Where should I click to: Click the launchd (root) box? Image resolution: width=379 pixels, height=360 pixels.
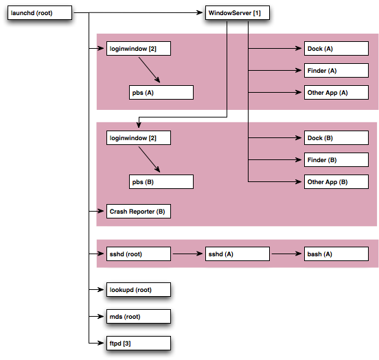point(40,12)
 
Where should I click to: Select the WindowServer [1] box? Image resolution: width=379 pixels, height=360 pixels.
point(238,12)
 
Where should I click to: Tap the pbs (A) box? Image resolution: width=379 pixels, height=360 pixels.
point(161,93)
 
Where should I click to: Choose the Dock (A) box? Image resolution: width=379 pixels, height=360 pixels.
point(336,48)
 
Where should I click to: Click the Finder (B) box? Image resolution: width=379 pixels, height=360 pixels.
point(336,159)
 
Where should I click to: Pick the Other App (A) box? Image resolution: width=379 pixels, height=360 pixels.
point(336,93)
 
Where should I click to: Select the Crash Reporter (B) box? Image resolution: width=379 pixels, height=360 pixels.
point(139,211)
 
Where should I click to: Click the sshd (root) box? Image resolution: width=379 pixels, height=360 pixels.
point(139,254)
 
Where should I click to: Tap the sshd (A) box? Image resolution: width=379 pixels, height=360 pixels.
point(238,254)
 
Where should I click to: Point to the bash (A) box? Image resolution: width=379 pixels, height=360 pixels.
point(336,254)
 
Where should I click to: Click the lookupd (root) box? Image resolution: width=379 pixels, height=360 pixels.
point(139,290)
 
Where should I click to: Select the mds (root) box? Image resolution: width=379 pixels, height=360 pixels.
point(139,317)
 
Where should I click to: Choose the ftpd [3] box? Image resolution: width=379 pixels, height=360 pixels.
point(139,343)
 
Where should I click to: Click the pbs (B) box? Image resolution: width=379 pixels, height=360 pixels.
point(161,181)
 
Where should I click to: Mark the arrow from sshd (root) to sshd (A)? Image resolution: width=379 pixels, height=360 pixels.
point(188,254)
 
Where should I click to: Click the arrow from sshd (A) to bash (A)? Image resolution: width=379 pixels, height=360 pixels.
point(287,254)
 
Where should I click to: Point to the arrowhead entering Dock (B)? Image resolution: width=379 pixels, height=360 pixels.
point(299,138)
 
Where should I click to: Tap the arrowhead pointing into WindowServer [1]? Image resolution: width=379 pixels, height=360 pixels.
point(200,12)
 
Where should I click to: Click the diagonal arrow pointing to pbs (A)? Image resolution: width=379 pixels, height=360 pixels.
point(150,70)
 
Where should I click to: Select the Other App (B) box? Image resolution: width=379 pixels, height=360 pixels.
point(336,181)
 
